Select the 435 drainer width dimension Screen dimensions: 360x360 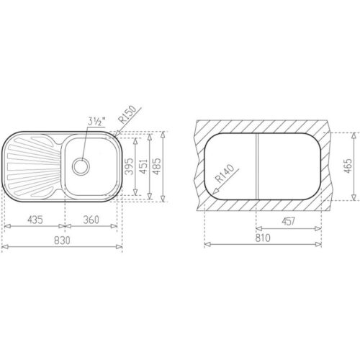click(34, 219)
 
